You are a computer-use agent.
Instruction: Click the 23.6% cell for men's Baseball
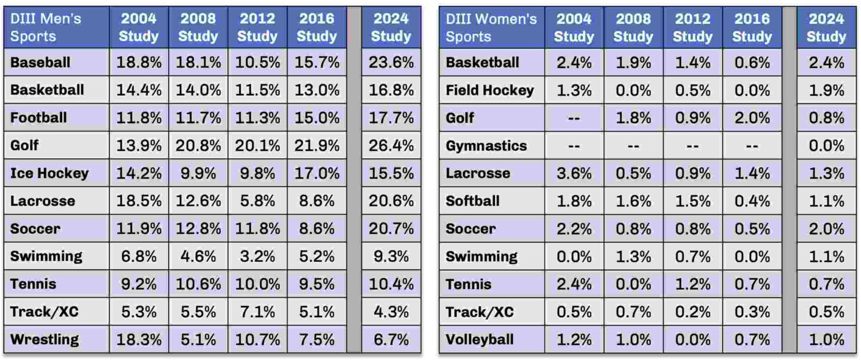391,62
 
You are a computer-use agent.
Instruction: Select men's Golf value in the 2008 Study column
198,145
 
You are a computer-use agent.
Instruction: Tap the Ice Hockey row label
50,173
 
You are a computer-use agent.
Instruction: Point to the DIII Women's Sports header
491,28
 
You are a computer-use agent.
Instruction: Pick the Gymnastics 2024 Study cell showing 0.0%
826,145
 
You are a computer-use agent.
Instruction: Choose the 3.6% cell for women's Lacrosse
573,173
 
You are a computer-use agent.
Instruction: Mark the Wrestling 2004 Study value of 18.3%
139,340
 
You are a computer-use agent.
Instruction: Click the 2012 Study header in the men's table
257,28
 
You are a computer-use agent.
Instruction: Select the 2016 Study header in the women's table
752,28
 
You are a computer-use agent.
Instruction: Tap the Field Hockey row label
490,90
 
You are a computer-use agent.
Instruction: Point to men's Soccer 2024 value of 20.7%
391,228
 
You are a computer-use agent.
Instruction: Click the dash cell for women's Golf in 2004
573,118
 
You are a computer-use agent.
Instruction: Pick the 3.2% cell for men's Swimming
257,257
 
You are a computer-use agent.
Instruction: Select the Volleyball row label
480,340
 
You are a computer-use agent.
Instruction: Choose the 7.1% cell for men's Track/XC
257,312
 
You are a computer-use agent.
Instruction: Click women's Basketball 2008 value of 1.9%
633,62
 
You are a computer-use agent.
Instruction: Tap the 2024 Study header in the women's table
826,28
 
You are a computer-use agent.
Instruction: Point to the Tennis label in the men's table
33,284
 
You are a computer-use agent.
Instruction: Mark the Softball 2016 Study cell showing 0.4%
752,201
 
